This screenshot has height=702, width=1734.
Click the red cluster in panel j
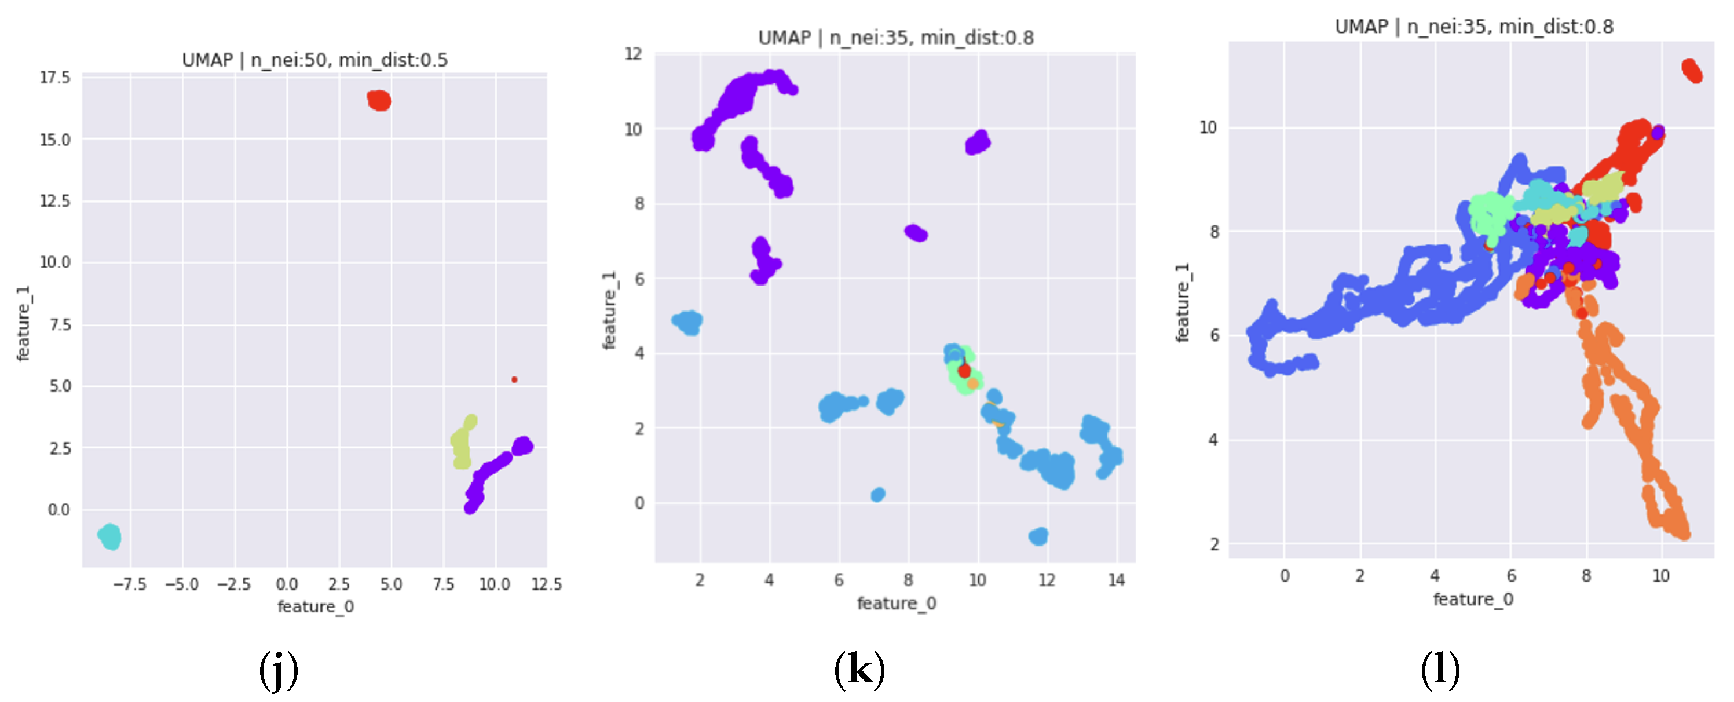[379, 100]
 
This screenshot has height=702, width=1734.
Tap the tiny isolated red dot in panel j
[514, 379]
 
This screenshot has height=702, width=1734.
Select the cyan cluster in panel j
[109, 537]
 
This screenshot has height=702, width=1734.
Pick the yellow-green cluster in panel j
[462, 442]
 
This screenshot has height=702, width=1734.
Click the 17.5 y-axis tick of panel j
[54, 78]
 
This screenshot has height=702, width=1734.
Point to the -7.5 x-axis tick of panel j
[129, 584]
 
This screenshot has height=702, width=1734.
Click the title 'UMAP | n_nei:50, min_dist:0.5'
[314, 60]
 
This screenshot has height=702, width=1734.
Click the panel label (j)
[278, 670]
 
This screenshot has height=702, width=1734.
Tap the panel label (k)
[859, 670]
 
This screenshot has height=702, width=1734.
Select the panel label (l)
[1440, 670]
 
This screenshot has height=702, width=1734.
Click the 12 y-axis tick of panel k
[634, 54]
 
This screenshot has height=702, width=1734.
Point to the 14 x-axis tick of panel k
[1116, 580]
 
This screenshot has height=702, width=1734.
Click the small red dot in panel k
[964, 370]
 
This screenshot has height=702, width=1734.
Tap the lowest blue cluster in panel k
[1038, 536]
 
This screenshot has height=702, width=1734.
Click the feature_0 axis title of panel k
[896, 603]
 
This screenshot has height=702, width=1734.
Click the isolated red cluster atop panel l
[1692, 71]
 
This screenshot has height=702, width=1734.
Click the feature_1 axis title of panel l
[1182, 302]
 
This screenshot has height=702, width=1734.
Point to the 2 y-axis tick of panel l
[1214, 544]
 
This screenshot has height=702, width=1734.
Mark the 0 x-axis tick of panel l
[1285, 576]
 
